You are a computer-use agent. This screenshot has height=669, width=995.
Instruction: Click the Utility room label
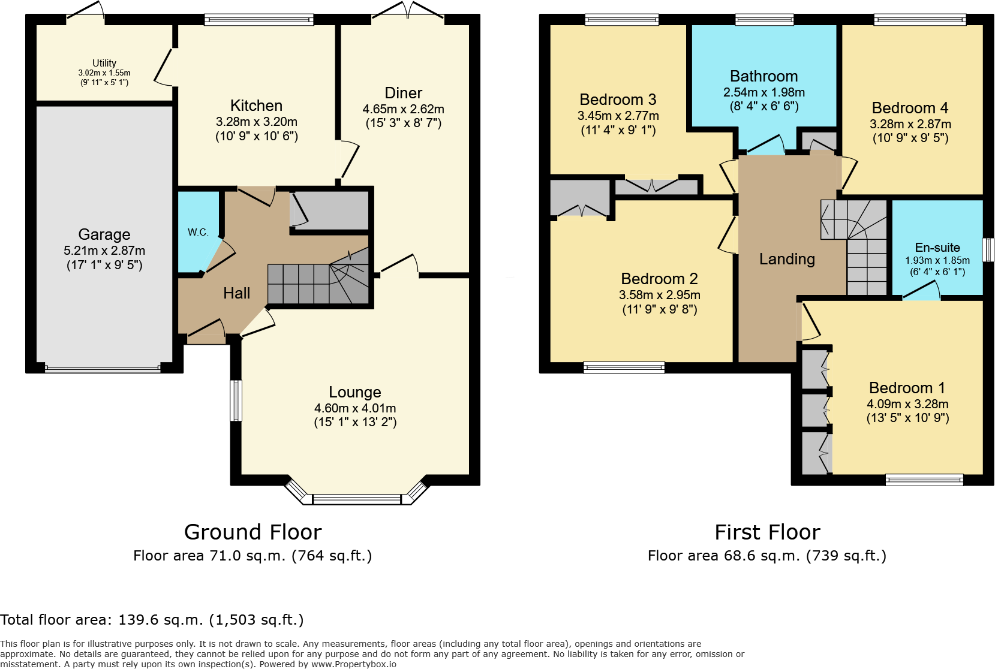point(104,63)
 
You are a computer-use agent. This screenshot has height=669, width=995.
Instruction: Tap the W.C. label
point(198,232)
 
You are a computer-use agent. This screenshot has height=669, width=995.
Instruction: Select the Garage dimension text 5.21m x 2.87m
point(104,251)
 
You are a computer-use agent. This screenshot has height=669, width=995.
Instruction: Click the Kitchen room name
point(256,106)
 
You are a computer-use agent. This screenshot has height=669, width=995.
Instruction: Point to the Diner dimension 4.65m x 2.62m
point(403,109)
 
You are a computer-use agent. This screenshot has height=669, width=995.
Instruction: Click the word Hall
point(236,293)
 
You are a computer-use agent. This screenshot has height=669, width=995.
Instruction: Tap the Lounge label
point(354,392)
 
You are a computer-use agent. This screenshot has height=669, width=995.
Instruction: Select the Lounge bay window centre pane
point(356,499)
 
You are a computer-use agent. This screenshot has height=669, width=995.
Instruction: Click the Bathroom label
point(763,76)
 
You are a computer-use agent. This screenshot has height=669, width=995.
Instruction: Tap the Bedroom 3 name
point(618,100)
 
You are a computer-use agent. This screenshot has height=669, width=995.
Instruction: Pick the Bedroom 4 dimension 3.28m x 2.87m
point(910,124)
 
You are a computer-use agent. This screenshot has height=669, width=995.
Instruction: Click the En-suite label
point(937,248)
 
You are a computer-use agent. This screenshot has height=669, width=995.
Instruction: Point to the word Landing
point(787,259)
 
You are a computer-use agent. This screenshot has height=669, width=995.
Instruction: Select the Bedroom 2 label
point(659,279)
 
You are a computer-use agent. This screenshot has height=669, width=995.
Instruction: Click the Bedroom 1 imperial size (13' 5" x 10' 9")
point(907,418)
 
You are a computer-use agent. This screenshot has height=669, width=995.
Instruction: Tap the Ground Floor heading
point(252,532)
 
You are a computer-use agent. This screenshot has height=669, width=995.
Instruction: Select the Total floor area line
point(152,620)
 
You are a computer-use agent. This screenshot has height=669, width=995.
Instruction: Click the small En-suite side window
point(988,249)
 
